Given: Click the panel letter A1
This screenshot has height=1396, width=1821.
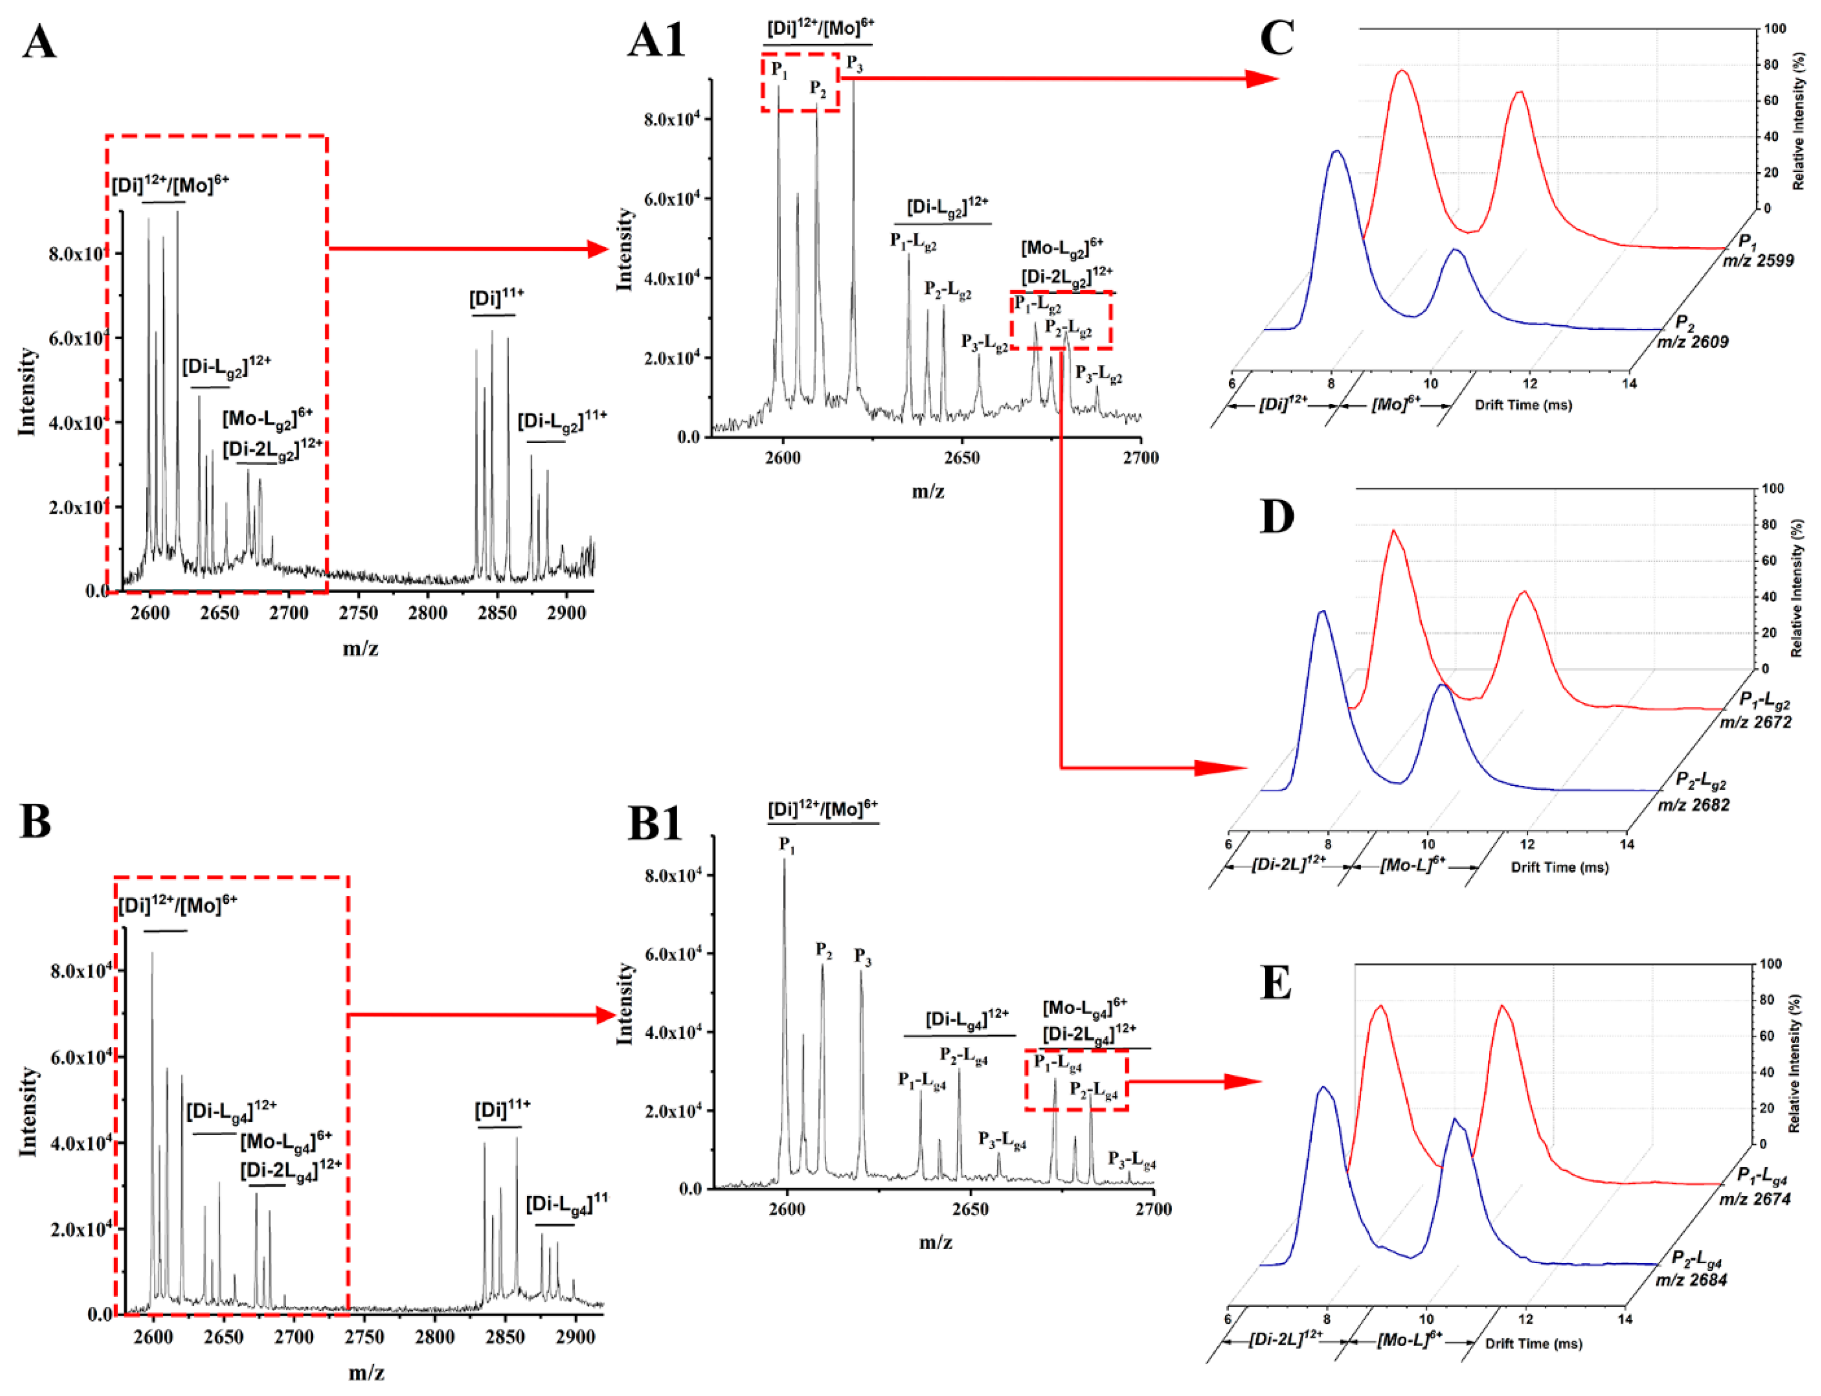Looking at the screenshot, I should tap(656, 40).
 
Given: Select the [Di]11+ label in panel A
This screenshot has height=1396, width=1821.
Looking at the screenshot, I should tap(496, 298).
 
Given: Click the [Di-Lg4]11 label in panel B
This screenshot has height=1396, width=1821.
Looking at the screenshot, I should tap(566, 1202).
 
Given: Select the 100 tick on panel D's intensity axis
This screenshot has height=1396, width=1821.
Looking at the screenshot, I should tap(1772, 489).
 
